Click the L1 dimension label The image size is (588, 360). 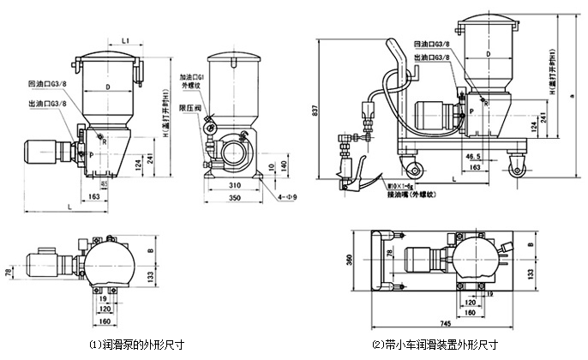(125, 39)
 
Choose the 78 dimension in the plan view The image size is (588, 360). (9, 272)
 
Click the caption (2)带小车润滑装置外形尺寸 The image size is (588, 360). (435, 345)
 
